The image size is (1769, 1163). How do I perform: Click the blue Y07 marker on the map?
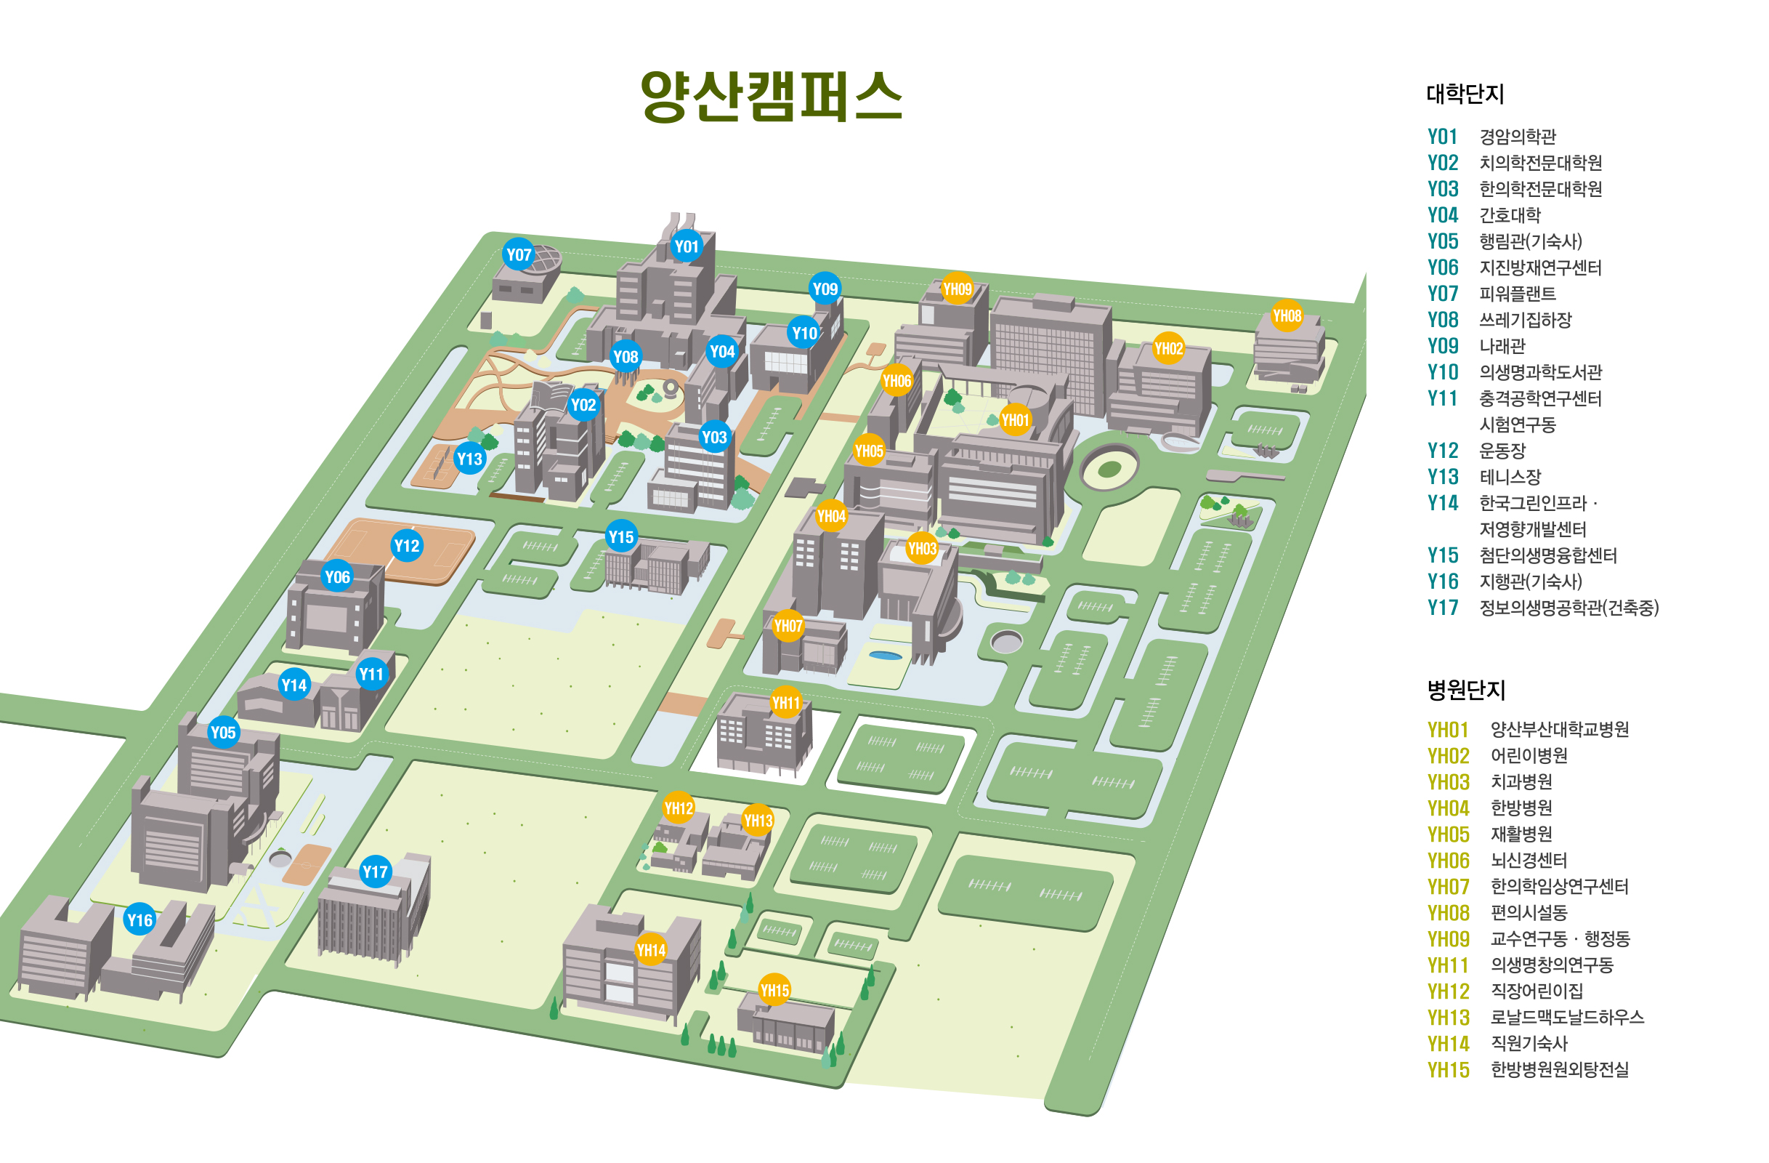[x=519, y=255]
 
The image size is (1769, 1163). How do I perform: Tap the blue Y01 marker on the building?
[x=687, y=246]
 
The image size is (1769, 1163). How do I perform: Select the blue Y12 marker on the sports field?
[x=407, y=546]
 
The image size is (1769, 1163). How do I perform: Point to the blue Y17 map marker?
[x=375, y=872]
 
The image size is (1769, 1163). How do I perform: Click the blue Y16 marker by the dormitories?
[x=139, y=919]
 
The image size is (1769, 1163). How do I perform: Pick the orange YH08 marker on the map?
[x=1287, y=315]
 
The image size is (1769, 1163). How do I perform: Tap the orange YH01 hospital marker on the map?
[x=1015, y=420]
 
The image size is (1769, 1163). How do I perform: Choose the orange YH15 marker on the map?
[x=774, y=990]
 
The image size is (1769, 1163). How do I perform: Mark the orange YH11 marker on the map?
[x=785, y=702]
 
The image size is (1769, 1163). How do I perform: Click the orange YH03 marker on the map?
[x=922, y=549]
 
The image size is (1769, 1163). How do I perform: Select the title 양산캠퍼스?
[x=772, y=97]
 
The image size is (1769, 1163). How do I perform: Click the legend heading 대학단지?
[x=1465, y=94]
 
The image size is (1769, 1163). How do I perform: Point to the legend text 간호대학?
[x=1510, y=216]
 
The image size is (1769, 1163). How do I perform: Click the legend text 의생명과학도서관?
[x=1540, y=373]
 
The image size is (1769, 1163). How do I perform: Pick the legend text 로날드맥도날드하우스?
[x=1567, y=1017]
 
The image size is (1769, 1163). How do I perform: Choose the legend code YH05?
[x=1448, y=834]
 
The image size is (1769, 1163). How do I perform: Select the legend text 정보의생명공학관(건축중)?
[x=1568, y=608]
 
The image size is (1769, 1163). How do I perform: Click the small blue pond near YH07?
[x=886, y=655]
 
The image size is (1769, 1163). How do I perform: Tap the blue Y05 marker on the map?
[x=223, y=733]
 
